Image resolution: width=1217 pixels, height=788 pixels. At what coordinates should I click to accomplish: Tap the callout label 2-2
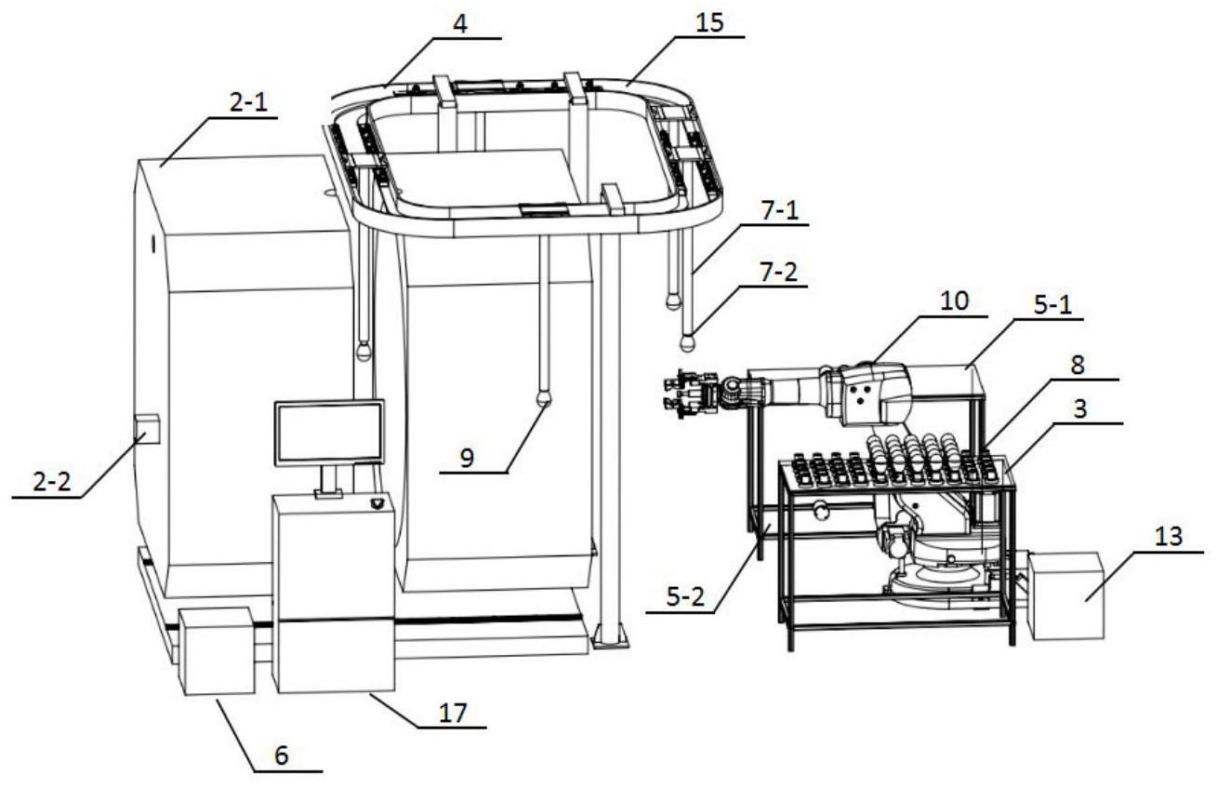coord(47,482)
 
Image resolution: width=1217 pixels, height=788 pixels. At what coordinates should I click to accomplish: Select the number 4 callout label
coord(460,23)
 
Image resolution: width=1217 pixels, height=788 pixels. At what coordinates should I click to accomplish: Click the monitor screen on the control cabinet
coord(329,432)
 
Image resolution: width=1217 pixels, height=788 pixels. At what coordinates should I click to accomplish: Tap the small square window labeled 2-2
coord(147,430)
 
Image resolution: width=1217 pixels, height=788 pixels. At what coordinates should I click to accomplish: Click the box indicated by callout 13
coord(1065,595)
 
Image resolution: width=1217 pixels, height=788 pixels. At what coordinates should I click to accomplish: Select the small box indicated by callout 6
coord(215,651)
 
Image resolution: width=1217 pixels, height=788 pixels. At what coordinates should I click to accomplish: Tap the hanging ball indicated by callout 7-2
coord(688,342)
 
